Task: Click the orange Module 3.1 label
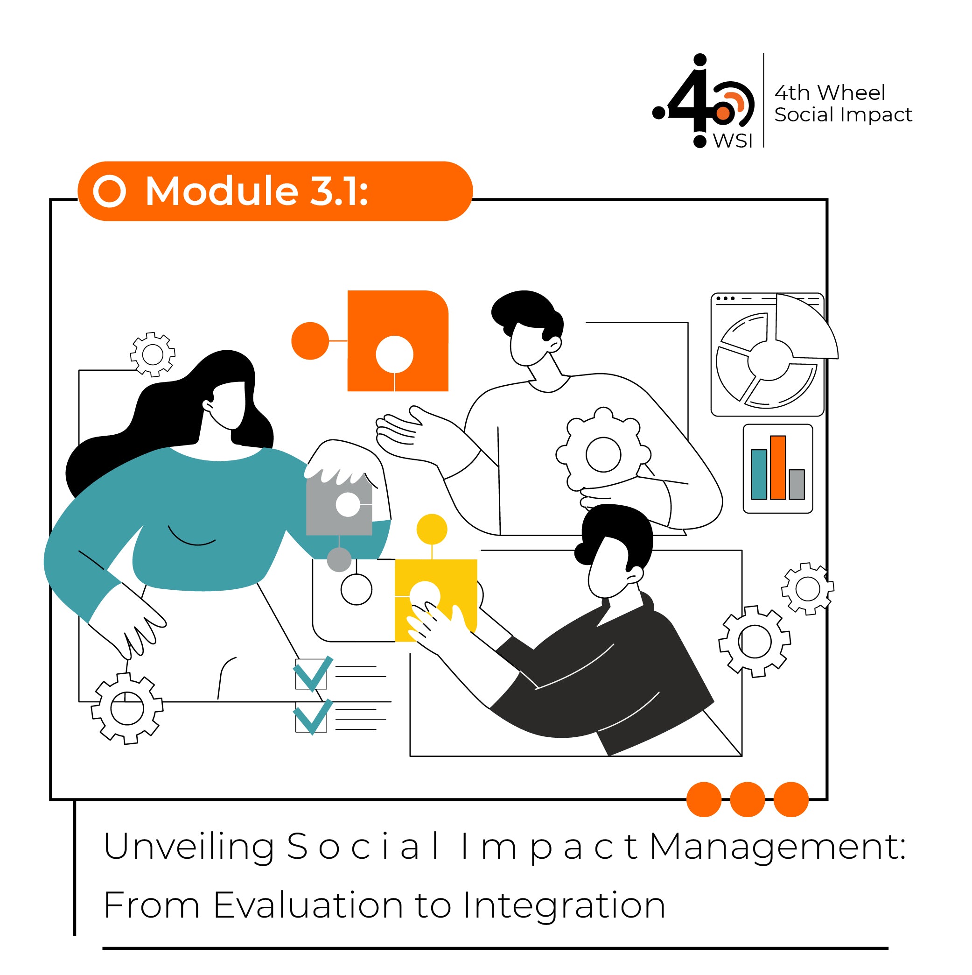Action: point(275,191)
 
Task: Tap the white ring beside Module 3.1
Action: point(110,191)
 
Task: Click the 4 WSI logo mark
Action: point(704,101)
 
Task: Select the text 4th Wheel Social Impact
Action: point(843,104)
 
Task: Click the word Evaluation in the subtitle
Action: point(308,905)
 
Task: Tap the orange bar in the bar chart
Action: point(778,468)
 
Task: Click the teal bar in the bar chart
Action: point(759,474)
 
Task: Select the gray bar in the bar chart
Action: point(797,485)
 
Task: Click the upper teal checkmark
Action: point(313,674)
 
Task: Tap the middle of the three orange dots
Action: point(748,799)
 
